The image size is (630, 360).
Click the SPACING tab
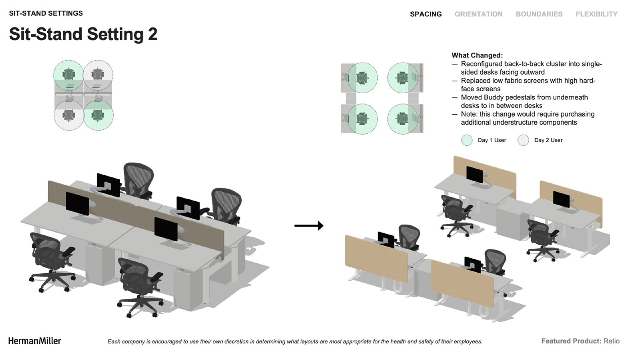[426, 14]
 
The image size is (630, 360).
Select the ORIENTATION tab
[478, 14]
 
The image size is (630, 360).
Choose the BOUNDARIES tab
[539, 14]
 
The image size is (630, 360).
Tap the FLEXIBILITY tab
[597, 14]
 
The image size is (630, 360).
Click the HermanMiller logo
[35, 341]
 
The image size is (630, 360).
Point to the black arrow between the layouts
[309, 225]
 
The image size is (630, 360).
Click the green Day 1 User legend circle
[467, 140]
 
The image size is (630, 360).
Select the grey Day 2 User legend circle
[523, 140]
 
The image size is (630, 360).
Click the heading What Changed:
[477, 55]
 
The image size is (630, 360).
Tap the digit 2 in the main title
[153, 34]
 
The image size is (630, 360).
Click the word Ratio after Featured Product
[612, 341]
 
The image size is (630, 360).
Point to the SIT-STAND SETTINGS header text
[46, 13]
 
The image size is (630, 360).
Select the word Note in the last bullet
[469, 114]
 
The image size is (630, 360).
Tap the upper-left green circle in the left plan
[68, 75]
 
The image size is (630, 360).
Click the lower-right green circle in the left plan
[99, 115]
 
